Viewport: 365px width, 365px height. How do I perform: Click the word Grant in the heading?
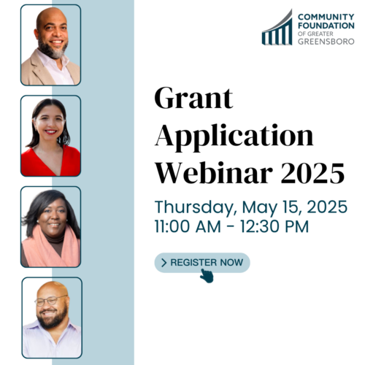click(194, 98)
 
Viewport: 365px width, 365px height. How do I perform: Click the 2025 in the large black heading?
click(313, 173)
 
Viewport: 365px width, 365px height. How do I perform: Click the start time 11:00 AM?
click(188, 227)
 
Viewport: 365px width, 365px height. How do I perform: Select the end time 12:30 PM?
click(274, 227)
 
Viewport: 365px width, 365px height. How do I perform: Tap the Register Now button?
click(202, 263)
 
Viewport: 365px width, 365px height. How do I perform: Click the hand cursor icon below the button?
click(207, 276)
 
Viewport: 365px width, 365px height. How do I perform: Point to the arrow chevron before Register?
click(164, 263)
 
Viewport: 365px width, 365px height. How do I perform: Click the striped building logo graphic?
click(277, 27)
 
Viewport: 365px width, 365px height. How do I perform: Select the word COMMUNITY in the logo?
click(326, 17)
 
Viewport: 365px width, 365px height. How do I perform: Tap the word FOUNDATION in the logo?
click(326, 26)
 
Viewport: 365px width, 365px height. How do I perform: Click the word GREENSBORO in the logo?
click(326, 42)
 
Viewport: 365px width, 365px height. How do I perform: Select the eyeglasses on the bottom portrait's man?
click(50, 301)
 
